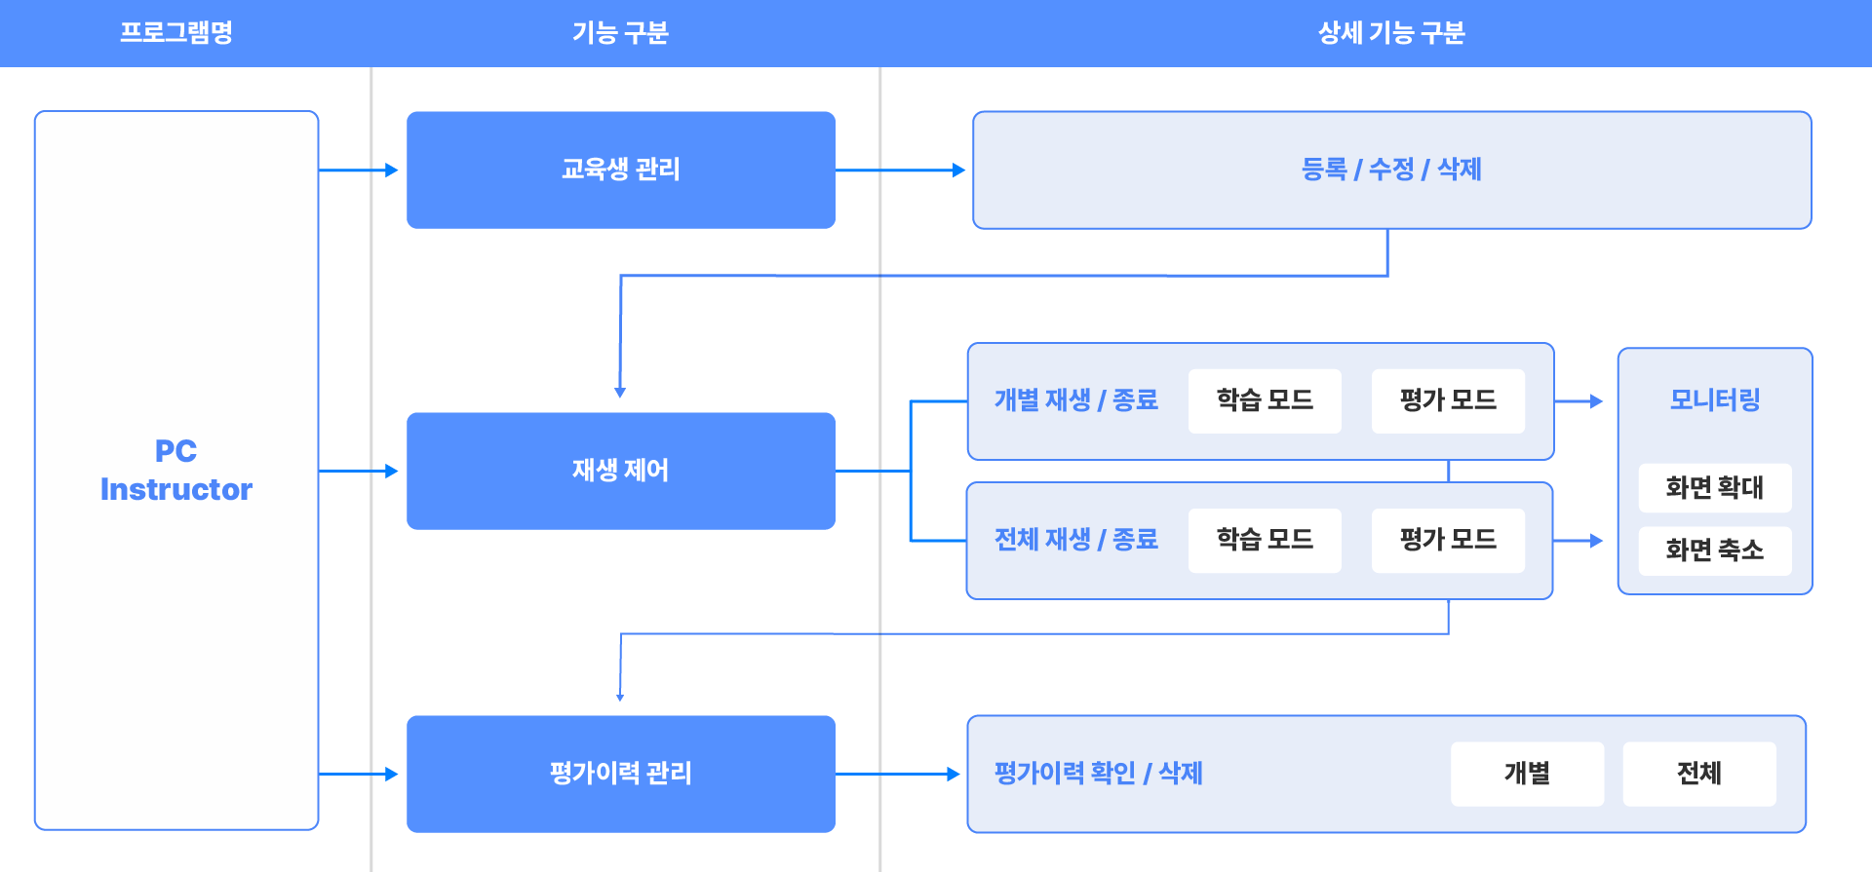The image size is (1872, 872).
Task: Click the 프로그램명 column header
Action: tap(175, 32)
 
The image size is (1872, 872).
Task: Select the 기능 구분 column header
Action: tap(620, 32)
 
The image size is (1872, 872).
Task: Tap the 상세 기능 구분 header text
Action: tap(1391, 32)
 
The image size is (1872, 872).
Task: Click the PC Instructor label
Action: tap(176, 470)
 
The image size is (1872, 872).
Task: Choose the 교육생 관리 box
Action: tap(620, 170)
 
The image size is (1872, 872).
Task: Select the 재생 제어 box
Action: tap(620, 471)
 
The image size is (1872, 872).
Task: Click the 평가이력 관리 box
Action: tap(620, 774)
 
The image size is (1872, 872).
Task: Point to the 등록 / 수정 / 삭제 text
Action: tap(1391, 170)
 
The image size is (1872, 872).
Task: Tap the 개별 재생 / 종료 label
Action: tap(1075, 400)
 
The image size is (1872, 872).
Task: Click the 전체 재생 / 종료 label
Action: tap(1075, 540)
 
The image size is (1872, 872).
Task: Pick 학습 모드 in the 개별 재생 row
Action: tap(1265, 400)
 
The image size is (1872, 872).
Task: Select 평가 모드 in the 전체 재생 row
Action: tap(1448, 540)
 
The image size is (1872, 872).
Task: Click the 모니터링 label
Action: tap(1714, 400)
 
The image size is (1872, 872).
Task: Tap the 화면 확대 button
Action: tap(1714, 487)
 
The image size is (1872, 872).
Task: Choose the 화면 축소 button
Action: tap(1714, 550)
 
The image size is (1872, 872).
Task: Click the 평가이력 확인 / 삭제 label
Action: tap(1098, 774)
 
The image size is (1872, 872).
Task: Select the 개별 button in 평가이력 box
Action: tap(1527, 774)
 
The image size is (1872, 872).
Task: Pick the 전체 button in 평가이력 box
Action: tap(1698, 774)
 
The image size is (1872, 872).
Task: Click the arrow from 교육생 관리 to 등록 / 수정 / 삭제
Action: tap(900, 170)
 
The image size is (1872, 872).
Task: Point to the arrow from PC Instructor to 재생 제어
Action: tap(358, 471)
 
